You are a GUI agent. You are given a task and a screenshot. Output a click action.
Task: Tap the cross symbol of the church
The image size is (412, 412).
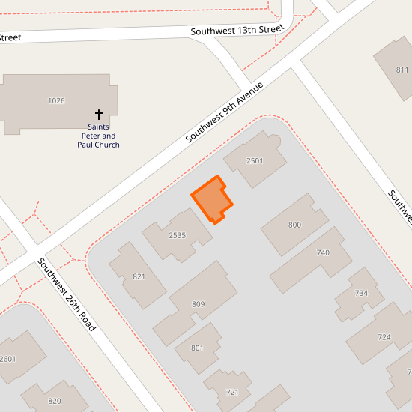(x=99, y=115)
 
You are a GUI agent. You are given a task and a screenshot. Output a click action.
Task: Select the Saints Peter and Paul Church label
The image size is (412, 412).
(x=98, y=136)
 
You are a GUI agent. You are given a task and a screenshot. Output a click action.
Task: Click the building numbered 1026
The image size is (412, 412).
(x=56, y=100)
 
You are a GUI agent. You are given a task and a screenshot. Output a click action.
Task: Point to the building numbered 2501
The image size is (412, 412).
(x=255, y=160)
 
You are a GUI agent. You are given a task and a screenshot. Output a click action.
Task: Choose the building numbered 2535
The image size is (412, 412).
(x=177, y=235)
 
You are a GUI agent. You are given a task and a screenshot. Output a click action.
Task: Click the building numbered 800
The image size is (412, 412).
(x=294, y=225)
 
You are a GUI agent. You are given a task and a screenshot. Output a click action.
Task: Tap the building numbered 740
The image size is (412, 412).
(x=323, y=252)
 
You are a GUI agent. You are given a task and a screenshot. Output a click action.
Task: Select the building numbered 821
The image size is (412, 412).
(x=139, y=276)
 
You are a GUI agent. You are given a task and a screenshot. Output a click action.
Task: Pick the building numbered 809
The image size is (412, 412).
(x=198, y=303)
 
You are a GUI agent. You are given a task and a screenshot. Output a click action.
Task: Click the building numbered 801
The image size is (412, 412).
(x=197, y=348)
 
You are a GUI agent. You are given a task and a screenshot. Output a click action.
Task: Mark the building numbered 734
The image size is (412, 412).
(x=361, y=293)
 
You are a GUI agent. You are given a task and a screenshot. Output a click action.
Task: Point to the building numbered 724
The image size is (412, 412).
(x=384, y=336)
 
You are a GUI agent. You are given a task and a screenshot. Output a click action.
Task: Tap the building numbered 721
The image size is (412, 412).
(x=231, y=392)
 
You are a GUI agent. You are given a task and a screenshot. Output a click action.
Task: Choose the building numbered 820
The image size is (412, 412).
(x=55, y=401)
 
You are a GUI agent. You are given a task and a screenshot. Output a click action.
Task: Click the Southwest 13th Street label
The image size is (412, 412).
(x=237, y=31)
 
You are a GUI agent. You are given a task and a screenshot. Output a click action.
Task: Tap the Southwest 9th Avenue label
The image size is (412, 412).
(x=225, y=112)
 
